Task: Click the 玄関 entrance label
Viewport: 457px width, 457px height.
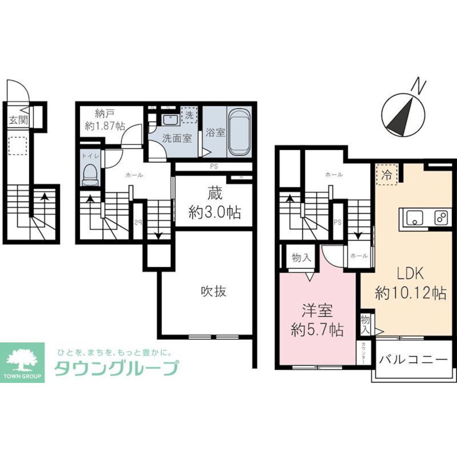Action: point(18,121)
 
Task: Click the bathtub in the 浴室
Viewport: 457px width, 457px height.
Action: point(239,132)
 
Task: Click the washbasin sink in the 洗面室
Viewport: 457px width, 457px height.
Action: point(170,120)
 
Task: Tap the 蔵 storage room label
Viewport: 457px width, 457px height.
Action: point(214,194)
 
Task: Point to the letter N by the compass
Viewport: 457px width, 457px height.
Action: point(419,85)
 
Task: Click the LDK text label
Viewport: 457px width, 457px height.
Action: point(410,274)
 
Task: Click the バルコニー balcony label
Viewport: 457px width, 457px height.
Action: point(412,359)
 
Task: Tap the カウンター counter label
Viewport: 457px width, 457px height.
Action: point(363,352)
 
